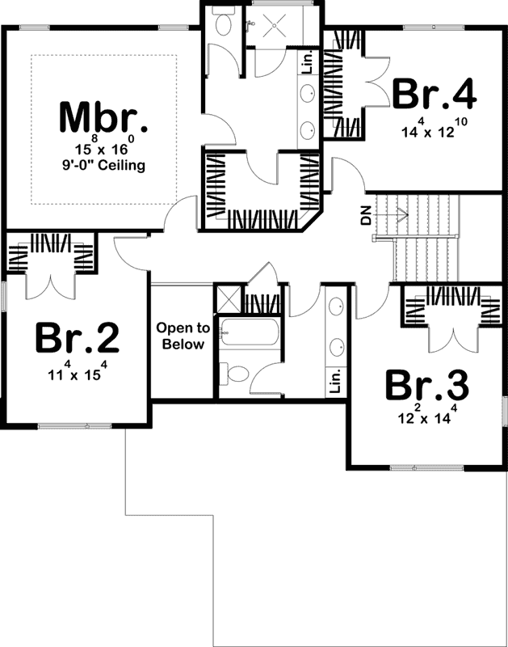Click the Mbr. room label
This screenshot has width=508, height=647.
click(103, 119)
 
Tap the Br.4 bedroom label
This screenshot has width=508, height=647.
click(434, 95)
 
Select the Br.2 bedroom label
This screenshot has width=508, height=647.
click(77, 338)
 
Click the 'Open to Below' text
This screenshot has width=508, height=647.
click(183, 336)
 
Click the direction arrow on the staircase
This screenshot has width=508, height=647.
click(399, 214)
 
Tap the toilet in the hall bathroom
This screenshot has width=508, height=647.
click(237, 374)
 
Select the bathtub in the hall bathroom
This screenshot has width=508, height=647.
click(249, 332)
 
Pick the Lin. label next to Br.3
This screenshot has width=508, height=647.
click(336, 378)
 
